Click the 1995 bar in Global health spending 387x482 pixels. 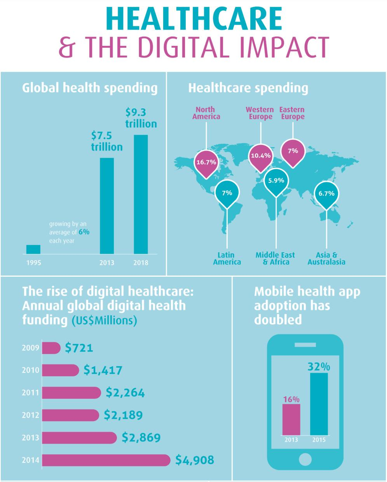[33, 249]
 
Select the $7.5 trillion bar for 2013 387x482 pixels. [106, 205]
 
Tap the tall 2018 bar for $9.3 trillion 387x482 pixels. [141, 194]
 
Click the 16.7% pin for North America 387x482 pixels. [206, 162]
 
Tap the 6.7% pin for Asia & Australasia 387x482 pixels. [327, 193]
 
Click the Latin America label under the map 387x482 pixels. [227, 258]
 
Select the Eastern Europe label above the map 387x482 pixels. [292, 113]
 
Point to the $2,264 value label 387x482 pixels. [125, 393]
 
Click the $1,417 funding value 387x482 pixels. [103, 370]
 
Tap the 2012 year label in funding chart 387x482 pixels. [31, 415]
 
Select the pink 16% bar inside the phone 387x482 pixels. [291, 419]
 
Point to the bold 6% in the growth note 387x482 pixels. [81, 233]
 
